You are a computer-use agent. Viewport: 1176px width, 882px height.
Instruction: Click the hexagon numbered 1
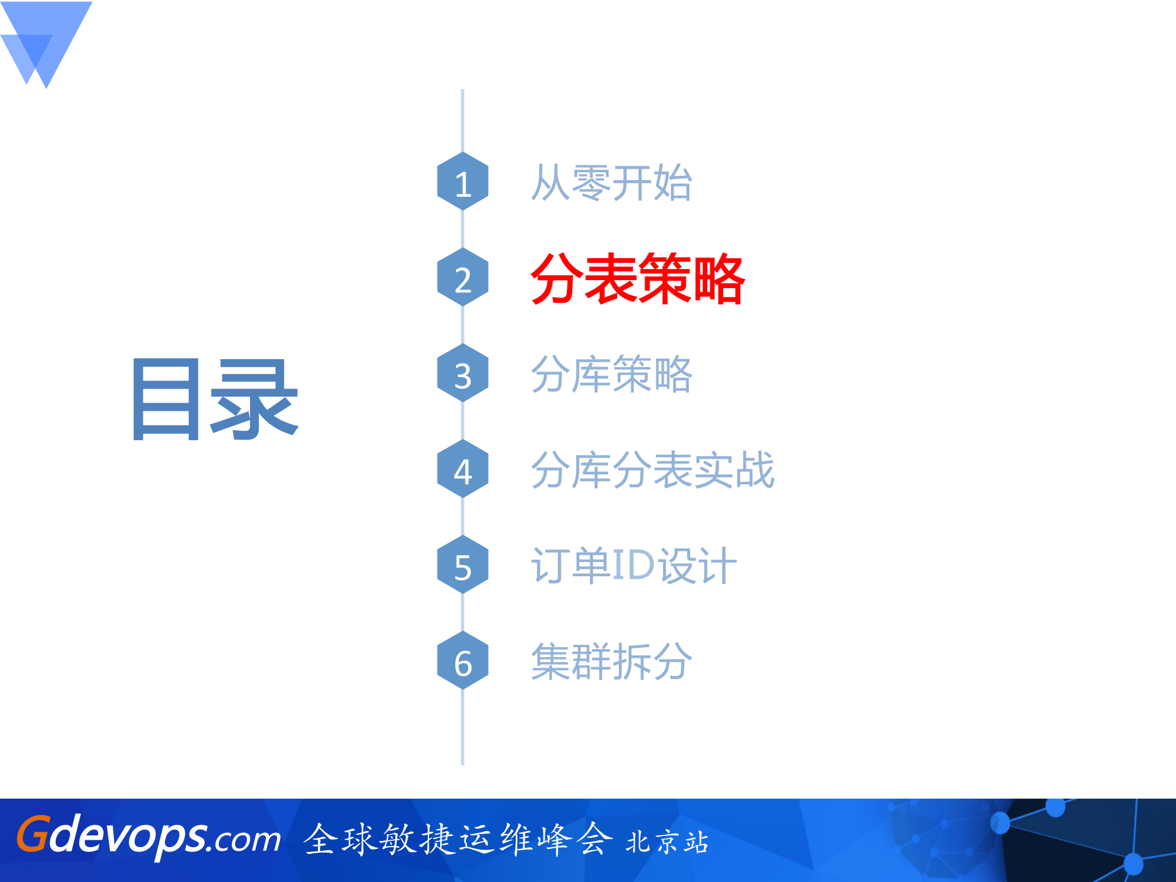(x=463, y=181)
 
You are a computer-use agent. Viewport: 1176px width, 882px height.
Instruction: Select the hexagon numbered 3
(x=463, y=373)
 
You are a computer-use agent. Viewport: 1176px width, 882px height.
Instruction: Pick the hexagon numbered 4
(x=463, y=470)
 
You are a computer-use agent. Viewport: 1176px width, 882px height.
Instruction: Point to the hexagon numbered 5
(x=463, y=565)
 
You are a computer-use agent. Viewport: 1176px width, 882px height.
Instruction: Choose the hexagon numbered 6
(x=463, y=661)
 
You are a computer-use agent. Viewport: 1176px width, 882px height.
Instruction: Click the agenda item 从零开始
(x=611, y=183)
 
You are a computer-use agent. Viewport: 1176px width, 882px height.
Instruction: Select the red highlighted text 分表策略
(x=637, y=279)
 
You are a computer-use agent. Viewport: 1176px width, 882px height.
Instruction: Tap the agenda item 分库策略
(x=611, y=374)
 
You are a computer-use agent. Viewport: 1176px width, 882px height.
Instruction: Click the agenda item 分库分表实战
(x=652, y=470)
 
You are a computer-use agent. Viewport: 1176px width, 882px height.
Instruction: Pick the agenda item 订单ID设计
(x=633, y=565)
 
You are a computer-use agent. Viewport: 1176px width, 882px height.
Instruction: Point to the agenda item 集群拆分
(x=611, y=661)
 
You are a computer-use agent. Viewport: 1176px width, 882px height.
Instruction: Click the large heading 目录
(x=215, y=399)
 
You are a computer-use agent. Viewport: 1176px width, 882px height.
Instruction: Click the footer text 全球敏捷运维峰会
(x=458, y=839)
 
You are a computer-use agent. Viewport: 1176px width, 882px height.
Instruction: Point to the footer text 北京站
(x=667, y=842)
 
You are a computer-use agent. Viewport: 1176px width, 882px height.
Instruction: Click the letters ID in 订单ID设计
(x=633, y=565)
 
